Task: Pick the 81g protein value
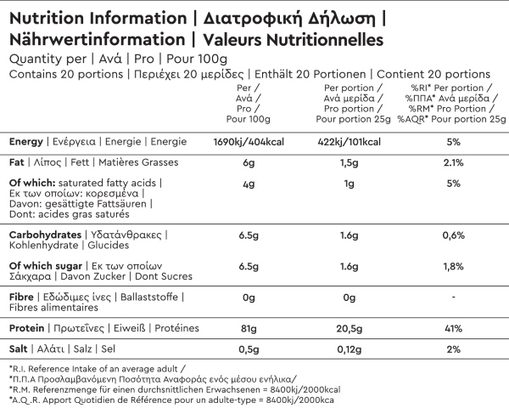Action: pyautogui.click(x=249, y=328)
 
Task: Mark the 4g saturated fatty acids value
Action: pyautogui.click(x=249, y=184)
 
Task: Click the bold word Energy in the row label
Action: pyautogui.click(x=27, y=141)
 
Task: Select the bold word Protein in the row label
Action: pyautogui.click(x=28, y=328)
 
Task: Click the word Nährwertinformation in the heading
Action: pyautogui.click(x=95, y=38)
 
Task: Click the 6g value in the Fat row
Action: pyautogui.click(x=249, y=162)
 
